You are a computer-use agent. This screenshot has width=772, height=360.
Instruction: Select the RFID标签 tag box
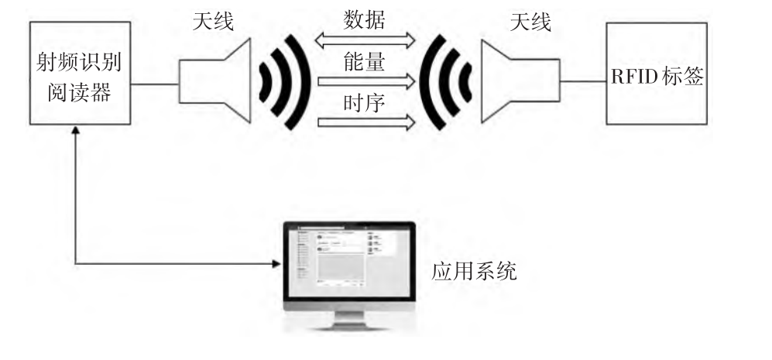657,74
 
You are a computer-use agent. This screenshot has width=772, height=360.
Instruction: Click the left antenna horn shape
216,81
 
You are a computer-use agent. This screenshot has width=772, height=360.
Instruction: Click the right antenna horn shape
518,81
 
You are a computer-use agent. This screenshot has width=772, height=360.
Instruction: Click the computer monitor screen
348,259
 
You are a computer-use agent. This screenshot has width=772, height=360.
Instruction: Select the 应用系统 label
474,272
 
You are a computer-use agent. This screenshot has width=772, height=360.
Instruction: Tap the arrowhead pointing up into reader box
75,131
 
